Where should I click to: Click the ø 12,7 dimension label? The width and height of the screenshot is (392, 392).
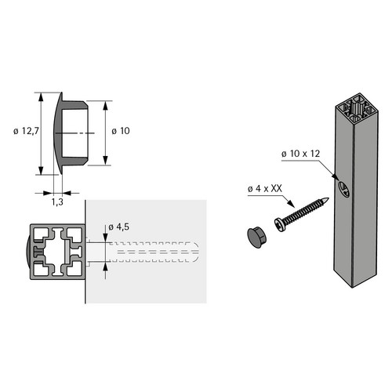pos(26,131)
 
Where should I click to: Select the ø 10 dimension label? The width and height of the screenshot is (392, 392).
pos(121,131)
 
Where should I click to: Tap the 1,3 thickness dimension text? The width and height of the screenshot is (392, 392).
pos(57,201)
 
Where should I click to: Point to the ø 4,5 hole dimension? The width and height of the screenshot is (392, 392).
pos(118,227)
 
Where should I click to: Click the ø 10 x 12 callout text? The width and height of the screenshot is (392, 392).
pos(300,154)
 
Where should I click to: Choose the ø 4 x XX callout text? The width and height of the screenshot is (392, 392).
pos(265,188)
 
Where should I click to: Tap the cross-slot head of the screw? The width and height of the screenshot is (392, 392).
pos(280,225)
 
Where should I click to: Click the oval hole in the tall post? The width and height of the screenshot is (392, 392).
pos(343,189)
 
